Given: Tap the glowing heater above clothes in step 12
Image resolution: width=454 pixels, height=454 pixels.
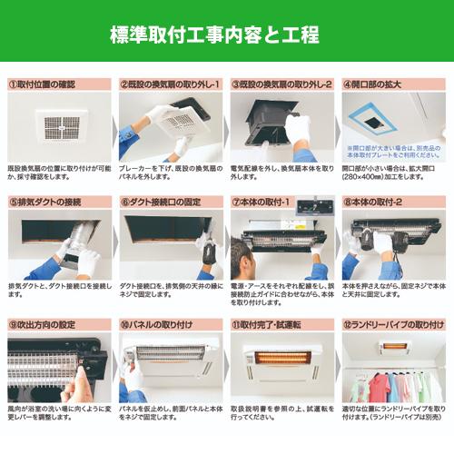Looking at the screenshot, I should [393, 346].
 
